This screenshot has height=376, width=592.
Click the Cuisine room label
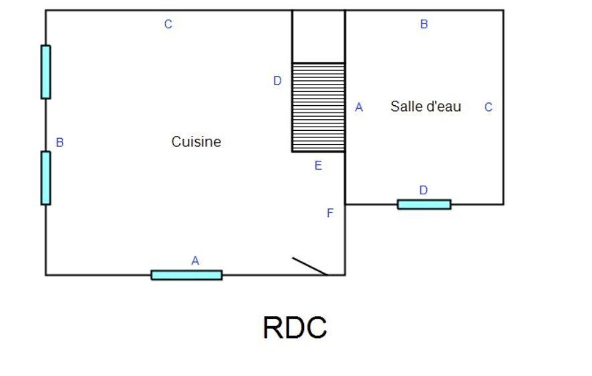coord(196,142)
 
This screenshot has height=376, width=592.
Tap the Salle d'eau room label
coord(426,106)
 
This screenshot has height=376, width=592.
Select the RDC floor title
coord(295,327)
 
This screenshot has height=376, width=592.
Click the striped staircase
coord(318,108)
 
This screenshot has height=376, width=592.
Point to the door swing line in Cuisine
coord(310,266)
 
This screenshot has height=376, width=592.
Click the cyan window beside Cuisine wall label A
coord(187,275)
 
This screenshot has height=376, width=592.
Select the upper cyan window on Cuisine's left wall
coord(46,72)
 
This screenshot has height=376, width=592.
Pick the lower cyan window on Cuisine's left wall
coord(46,178)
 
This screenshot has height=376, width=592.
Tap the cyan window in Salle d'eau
coord(424,204)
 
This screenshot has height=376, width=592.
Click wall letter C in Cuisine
coord(169,24)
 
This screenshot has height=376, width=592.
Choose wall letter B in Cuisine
coord(59,142)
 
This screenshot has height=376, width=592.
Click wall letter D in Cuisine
coord(277,80)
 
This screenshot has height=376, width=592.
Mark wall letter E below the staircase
coord(318,165)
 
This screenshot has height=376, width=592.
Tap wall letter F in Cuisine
coord(330,213)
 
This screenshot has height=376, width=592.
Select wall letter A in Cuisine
coord(195,261)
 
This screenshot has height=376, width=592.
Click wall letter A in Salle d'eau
coord(359,108)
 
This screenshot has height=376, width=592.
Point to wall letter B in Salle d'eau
coord(424,24)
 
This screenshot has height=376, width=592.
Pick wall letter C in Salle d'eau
coord(488,108)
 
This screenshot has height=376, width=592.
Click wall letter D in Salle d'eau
coord(423,190)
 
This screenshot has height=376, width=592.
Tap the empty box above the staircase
coord(318,36)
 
